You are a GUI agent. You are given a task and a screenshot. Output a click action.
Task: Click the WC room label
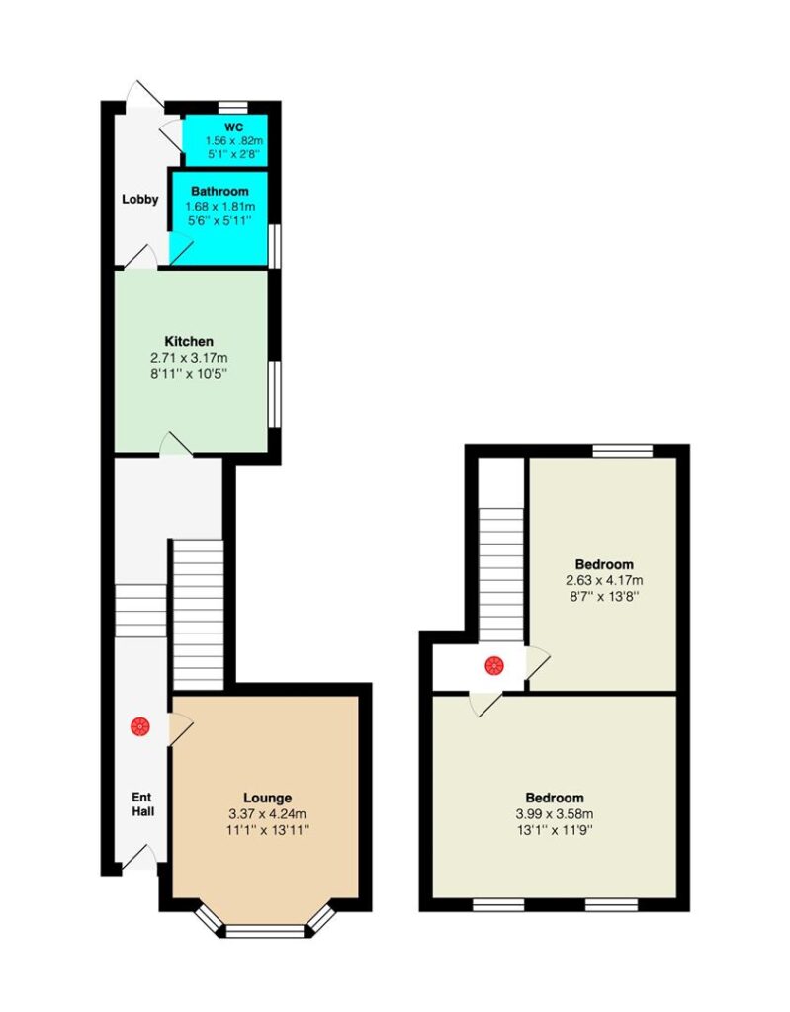point(233,127)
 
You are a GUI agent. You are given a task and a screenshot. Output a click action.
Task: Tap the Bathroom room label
point(219,191)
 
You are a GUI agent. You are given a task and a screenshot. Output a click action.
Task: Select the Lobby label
point(140,199)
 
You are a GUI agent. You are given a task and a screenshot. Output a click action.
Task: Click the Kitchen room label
point(189,341)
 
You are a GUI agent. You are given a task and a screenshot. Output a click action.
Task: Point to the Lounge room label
point(267,799)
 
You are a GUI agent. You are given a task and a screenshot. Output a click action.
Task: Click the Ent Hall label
point(142,804)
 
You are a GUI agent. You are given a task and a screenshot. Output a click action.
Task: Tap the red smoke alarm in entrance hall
point(140,726)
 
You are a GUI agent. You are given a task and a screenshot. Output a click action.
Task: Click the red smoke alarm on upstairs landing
point(494,665)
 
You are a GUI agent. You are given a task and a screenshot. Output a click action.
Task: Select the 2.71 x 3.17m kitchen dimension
point(189,358)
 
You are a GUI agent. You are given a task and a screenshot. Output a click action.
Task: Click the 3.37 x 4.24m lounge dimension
point(267,814)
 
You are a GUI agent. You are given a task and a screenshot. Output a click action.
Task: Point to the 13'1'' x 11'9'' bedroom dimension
point(555,830)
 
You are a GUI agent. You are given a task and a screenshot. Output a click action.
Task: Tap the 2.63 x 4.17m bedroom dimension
point(604,580)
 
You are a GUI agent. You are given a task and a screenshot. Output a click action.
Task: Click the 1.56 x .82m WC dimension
point(233,140)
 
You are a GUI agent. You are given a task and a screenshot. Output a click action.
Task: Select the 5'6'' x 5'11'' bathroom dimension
point(219,220)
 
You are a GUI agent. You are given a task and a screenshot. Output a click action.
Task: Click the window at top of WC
point(232,107)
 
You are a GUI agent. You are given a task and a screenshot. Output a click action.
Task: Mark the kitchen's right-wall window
point(275,393)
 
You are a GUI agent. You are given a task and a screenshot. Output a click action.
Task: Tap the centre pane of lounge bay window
point(265,931)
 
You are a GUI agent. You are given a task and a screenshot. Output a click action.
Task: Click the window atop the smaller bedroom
point(623,451)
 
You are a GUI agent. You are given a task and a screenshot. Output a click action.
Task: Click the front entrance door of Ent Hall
point(139,858)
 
